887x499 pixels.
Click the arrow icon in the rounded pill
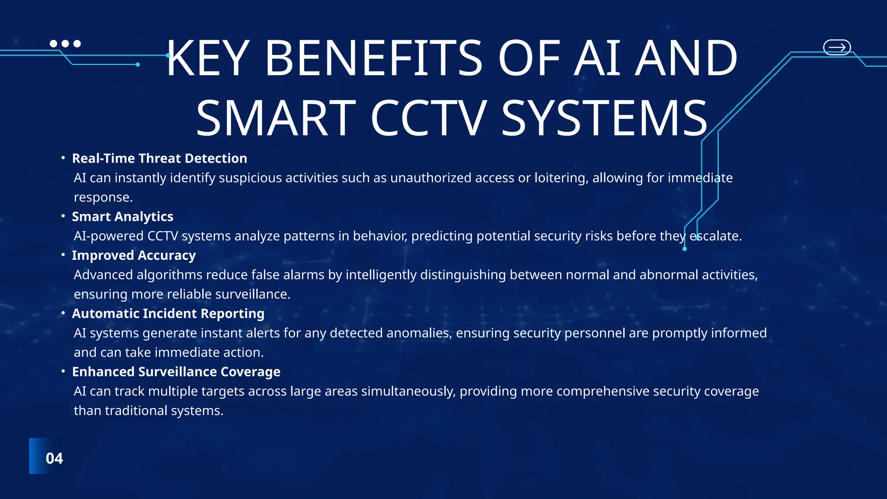(837, 47)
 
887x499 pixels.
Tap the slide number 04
(54, 458)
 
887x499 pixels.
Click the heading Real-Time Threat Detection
(159, 159)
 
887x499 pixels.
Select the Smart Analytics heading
(123, 217)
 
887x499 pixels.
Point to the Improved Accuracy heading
(134, 256)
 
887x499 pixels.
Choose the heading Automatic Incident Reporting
(168, 314)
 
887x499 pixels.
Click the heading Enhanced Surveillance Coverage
(176, 372)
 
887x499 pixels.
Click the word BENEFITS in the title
(373, 58)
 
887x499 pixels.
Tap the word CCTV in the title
(428, 118)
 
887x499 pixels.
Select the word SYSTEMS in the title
(604, 118)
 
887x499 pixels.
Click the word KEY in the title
(207, 58)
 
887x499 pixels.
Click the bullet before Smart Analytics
(63, 216)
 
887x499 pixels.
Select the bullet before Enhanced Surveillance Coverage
(63, 371)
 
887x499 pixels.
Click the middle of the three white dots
(65, 44)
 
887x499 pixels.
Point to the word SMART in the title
(276, 118)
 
